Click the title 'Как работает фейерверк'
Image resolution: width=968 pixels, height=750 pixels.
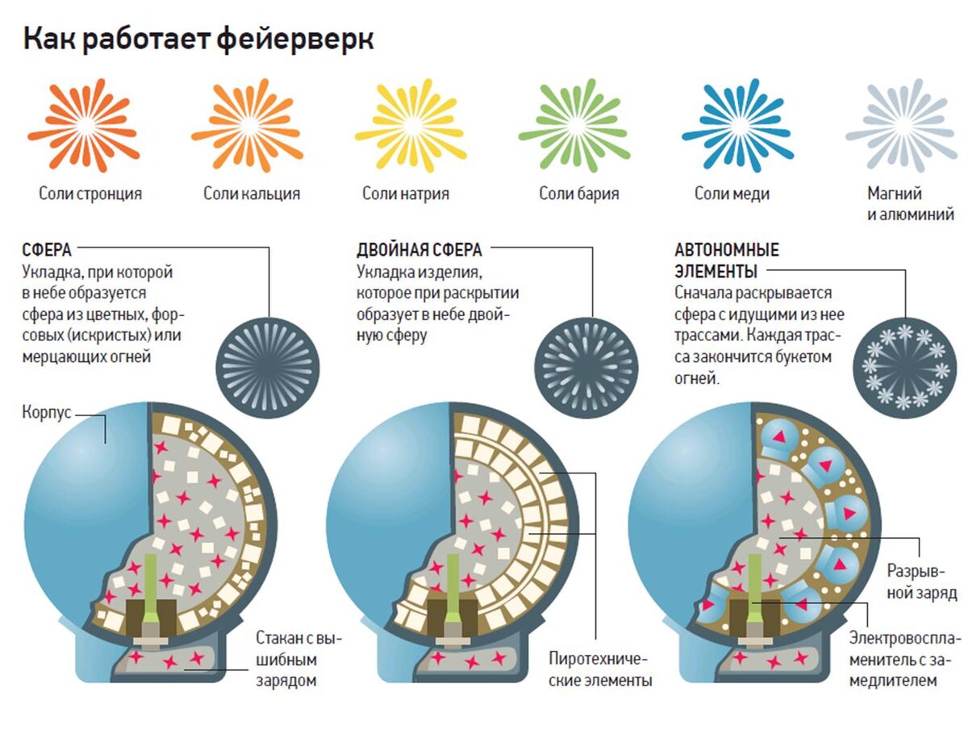198,39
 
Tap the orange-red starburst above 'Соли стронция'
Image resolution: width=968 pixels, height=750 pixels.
83,125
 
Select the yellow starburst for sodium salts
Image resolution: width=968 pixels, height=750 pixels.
411,125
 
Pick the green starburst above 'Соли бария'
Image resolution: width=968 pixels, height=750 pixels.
574,125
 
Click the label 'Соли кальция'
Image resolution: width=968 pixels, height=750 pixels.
251,194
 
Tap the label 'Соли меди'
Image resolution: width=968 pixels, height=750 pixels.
732,194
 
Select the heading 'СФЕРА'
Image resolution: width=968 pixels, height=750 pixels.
46,250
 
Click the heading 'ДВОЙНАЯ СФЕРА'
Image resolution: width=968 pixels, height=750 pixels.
419,250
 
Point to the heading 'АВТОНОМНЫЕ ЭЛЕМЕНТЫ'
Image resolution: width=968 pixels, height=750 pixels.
726,260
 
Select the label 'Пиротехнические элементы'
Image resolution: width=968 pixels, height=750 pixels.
599,669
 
